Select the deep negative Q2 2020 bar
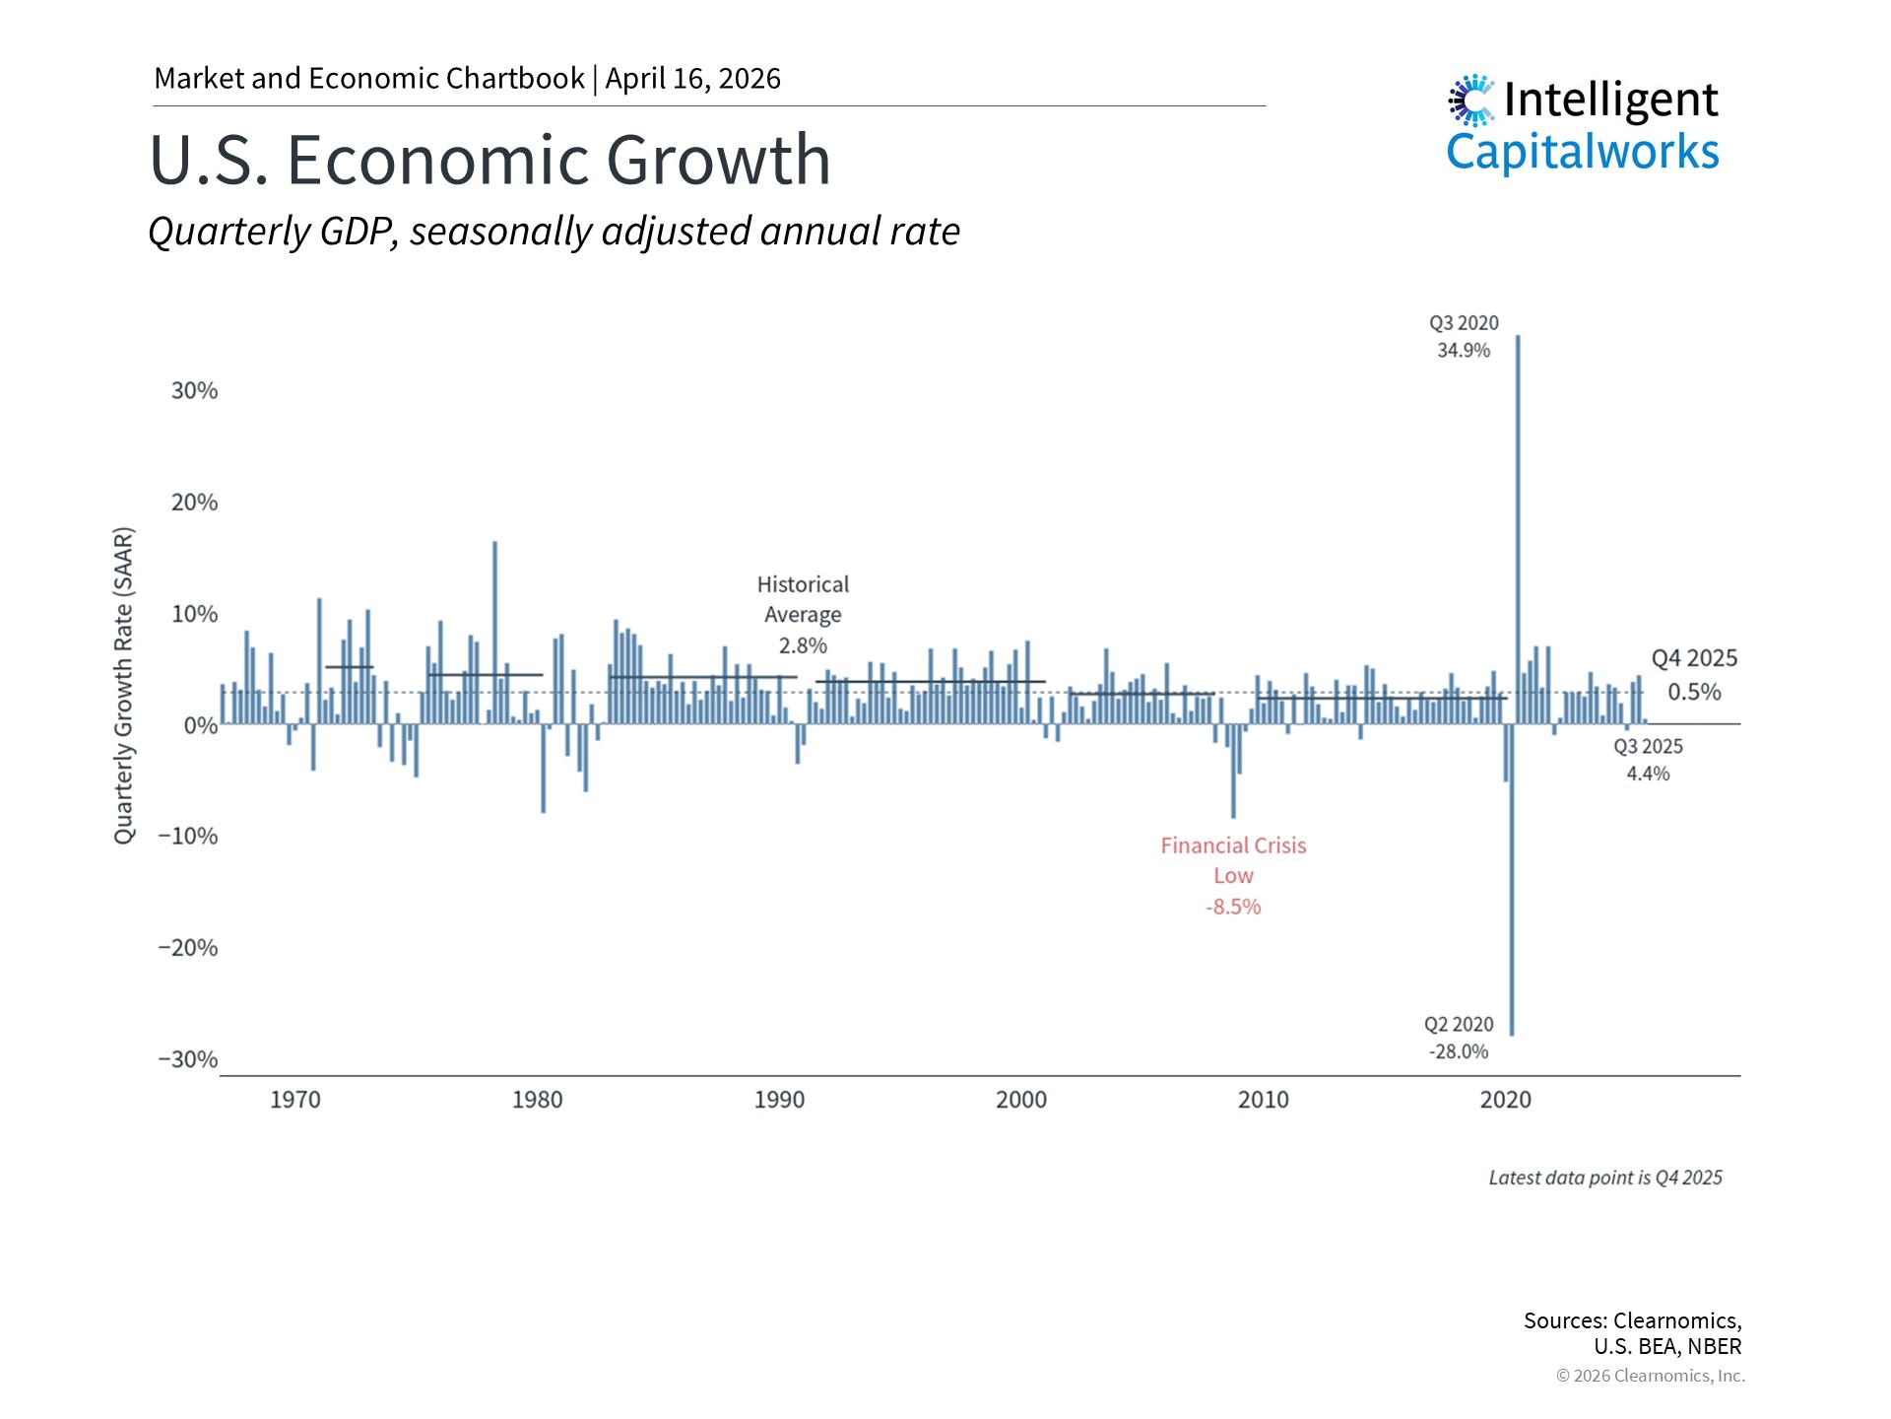coord(1512,887)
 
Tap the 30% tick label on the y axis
coord(194,390)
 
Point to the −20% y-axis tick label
coord(188,948)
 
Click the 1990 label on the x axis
coord(779,1100)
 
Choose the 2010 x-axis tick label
coord(1263,1100)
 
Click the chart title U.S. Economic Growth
coord(490,160)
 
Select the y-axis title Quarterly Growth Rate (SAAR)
coord(124,686)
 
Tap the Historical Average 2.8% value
coord(803,646)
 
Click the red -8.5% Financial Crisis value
coord(1233,907)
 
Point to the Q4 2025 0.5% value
coord(1694,692)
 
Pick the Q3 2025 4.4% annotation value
coord(1648,775)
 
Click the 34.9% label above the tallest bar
coord(1464,351)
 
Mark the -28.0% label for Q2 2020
coord(1459,1052)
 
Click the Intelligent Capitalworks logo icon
coord(1471,101)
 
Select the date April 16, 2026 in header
coord(693,79)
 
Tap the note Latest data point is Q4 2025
coord(1605,1178)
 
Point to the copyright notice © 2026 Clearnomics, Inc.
coord(1651,1376)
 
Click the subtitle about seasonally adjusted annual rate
coord(554,232)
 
